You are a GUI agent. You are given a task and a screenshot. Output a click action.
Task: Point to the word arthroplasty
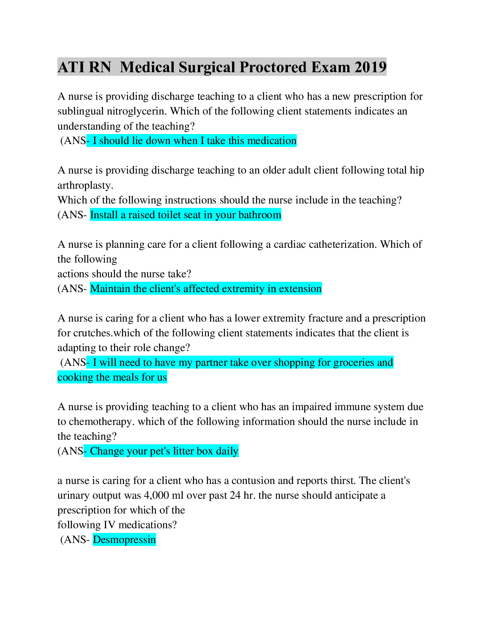85,186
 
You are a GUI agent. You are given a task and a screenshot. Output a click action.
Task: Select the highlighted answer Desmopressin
124,540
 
